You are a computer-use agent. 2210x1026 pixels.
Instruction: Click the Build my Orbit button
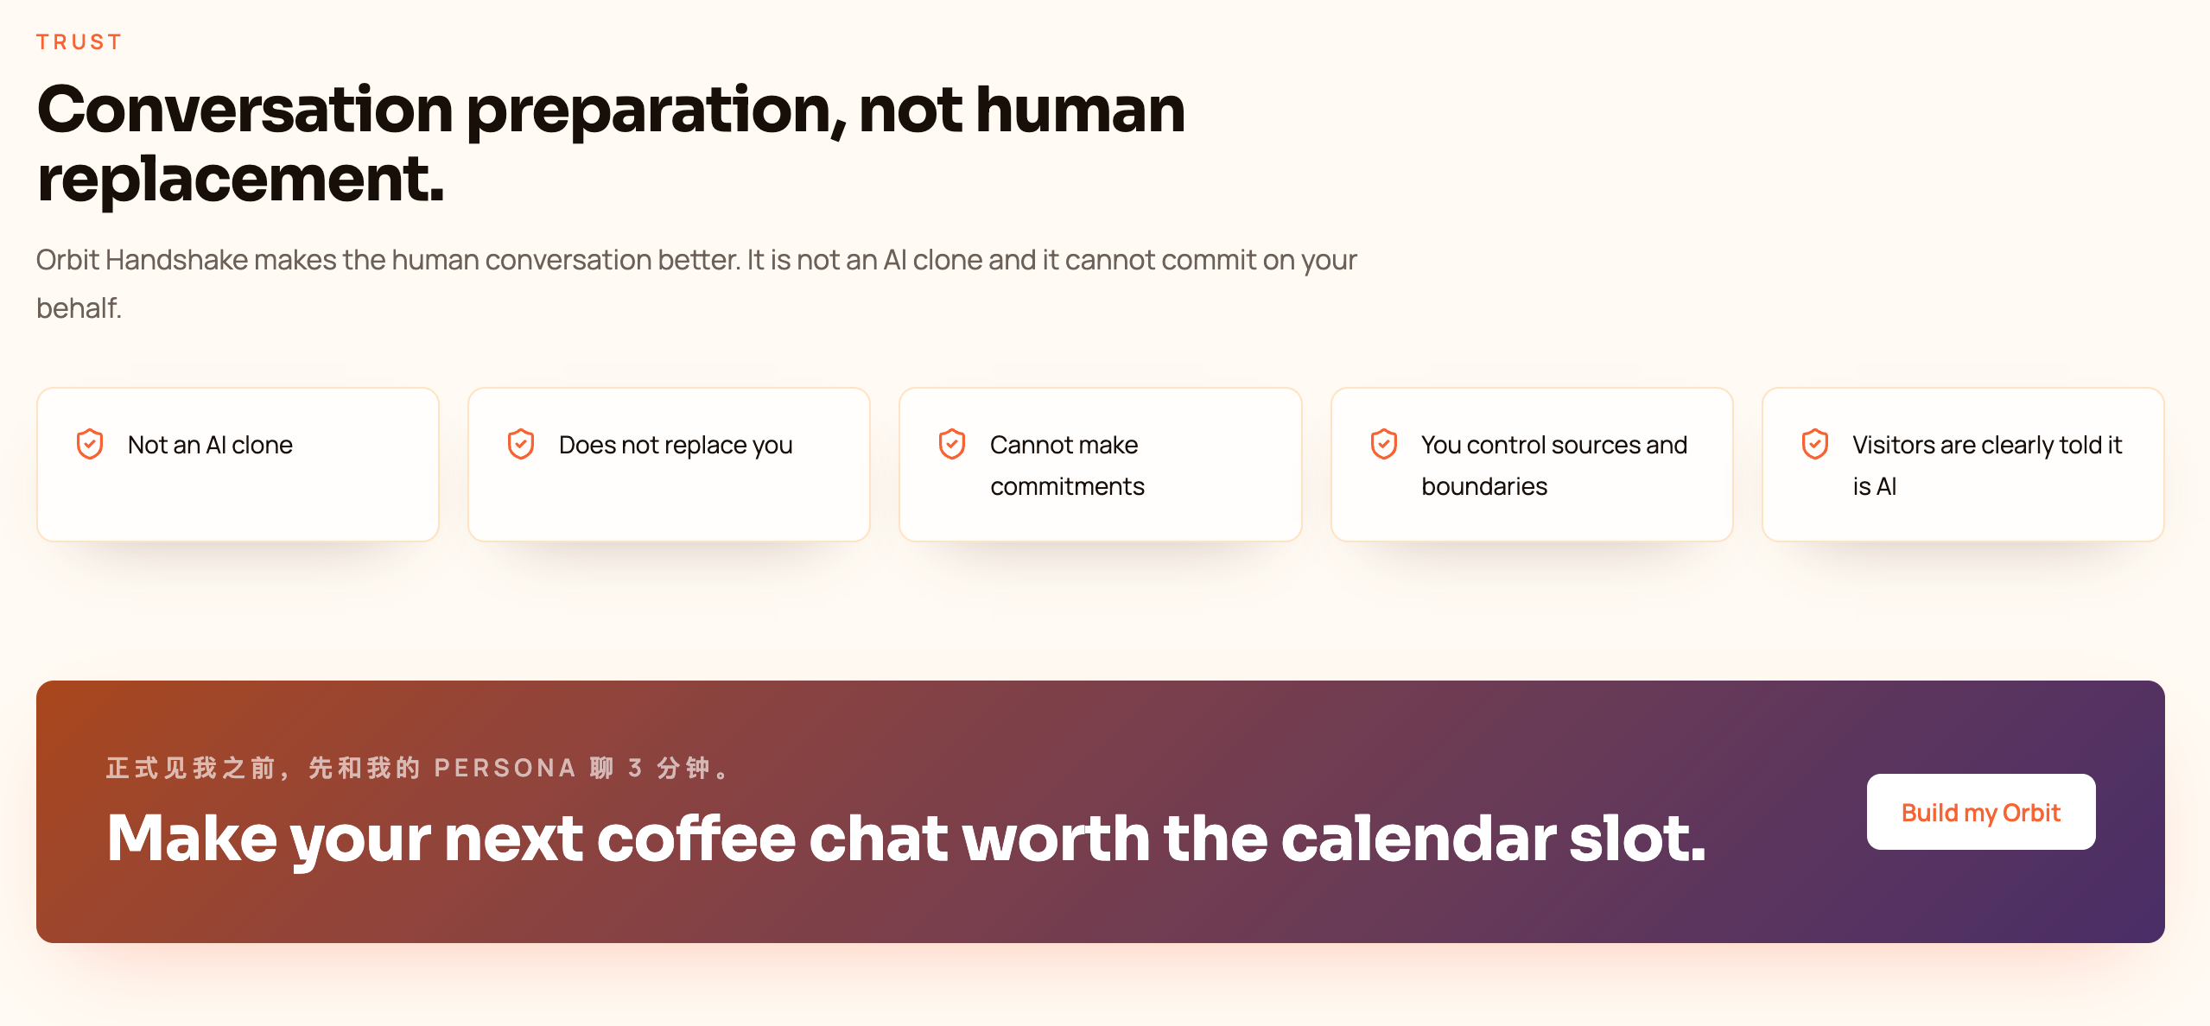click(1980, 812)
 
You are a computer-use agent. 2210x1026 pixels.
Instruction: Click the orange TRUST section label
click(79, 41)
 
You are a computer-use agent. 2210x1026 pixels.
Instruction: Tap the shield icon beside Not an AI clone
click(90, 444)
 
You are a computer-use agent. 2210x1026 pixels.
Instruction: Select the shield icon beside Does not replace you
click(521, 444)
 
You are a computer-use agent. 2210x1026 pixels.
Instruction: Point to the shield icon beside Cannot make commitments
click(952, 444)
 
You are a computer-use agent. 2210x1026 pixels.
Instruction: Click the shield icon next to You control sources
click(1384, 444)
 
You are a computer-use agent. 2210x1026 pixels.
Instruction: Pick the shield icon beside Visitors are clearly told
click(1815, 444)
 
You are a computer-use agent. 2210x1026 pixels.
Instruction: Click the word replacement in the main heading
click(240, 179)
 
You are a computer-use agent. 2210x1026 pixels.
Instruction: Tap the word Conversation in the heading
click(244, 110)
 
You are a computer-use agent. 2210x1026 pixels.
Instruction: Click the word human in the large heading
click(1080, 110)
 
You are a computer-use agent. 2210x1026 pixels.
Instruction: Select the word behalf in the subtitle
click(79, 307)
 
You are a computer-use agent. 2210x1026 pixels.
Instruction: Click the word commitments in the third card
click(1067, 486)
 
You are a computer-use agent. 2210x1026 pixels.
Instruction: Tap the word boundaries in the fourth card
click(1484, 486)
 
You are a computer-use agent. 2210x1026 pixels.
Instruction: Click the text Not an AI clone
click(210, 445)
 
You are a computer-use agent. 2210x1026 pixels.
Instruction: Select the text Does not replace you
click(676, 445)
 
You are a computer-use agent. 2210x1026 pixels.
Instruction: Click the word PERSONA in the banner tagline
click(505, 768)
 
